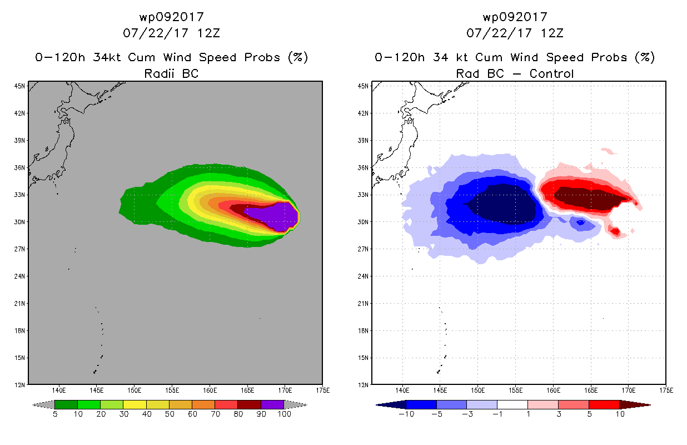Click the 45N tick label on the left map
(x=19, y=86)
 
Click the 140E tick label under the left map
(x=59, y=390)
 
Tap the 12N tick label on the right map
(x=363, y=385)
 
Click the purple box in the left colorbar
(x=272, y=404)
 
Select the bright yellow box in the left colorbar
(x=135, y=404)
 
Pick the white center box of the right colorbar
(x=512, y=404)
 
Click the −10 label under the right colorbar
(x=406, y=414)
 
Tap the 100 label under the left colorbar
(x=284, y=414)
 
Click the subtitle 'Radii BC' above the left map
(x=171, y=73)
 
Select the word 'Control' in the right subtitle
(x=551, y=73)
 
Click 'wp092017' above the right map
(x=515, y=17)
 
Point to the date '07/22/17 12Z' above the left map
(x=171, y=33)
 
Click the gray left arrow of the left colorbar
(x=43, y=405)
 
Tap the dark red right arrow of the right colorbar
(x=635, y=405)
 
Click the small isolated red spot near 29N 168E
(x=615, y=231)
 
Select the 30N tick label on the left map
(x=19, y=222)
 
